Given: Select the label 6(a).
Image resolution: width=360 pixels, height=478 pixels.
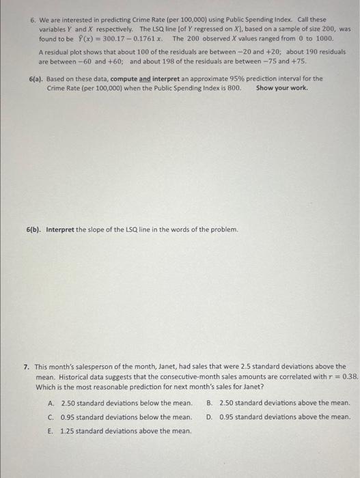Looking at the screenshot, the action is pyautogui.click(x=37, y=79).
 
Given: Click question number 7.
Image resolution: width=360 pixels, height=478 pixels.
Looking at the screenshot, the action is pyautogui.click(x=26, y=367).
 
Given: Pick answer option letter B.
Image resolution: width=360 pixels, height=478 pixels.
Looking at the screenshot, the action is pyautogui.click(x=209, y=403).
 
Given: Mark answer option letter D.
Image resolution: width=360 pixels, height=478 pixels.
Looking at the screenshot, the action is pyautogui.click(x=209, y=417).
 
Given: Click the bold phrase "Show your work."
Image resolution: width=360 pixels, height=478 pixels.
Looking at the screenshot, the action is pyautogui.click(x=281, y=88).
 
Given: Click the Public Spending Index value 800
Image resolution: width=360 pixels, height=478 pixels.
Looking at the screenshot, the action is pyautogui.click(x=234, y=88).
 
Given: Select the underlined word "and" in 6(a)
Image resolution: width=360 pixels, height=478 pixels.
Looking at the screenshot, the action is pyautogui.click(x=145, y=79).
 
